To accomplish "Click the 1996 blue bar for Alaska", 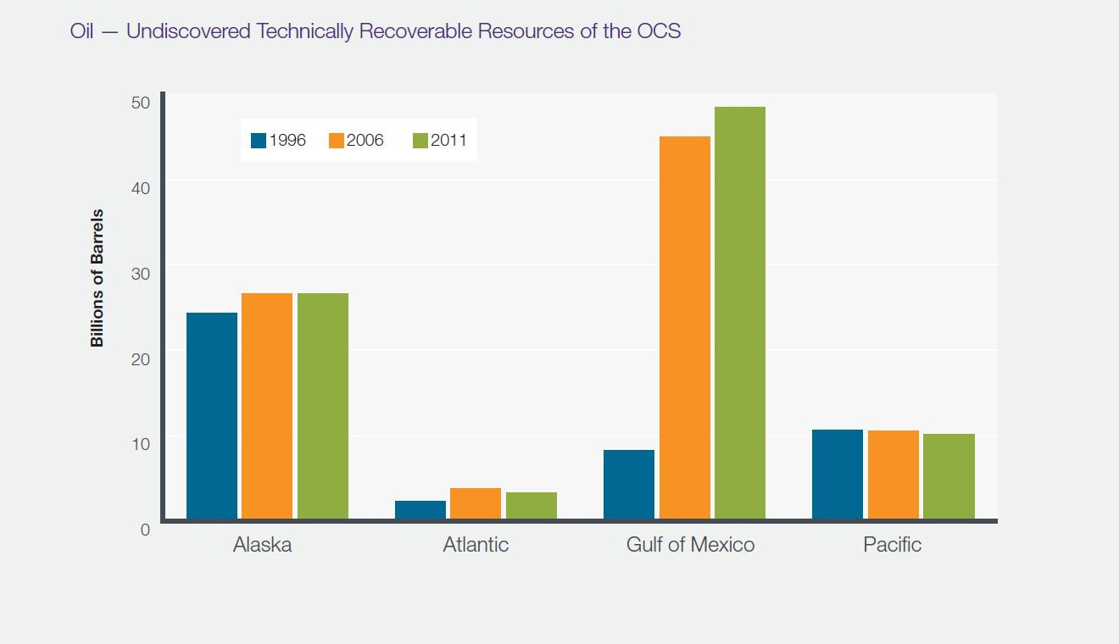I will point(212,415).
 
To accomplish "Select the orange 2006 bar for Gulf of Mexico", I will point(684,327).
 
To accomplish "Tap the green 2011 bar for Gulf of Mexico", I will point(739,313).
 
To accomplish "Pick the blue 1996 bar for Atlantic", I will point(420,510).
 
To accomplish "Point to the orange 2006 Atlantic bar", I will point(476,503).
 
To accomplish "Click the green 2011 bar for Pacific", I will point(949,476).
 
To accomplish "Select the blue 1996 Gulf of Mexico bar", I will point(629,484).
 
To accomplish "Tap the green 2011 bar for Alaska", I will point(322,406).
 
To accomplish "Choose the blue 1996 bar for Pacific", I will point(838,474).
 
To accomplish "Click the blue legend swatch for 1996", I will point(259,141).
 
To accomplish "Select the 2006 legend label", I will point(365,141).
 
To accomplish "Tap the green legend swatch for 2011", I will point(420,141).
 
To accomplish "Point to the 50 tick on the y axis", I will point(140,103).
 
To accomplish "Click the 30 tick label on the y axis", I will point(140,274).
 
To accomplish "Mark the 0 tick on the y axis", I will point(145,530).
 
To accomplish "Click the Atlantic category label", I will point(476,544).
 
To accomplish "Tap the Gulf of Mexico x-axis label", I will point(690,544).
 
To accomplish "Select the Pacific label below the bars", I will point(892,544).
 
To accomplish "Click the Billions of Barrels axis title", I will point(97,278).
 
